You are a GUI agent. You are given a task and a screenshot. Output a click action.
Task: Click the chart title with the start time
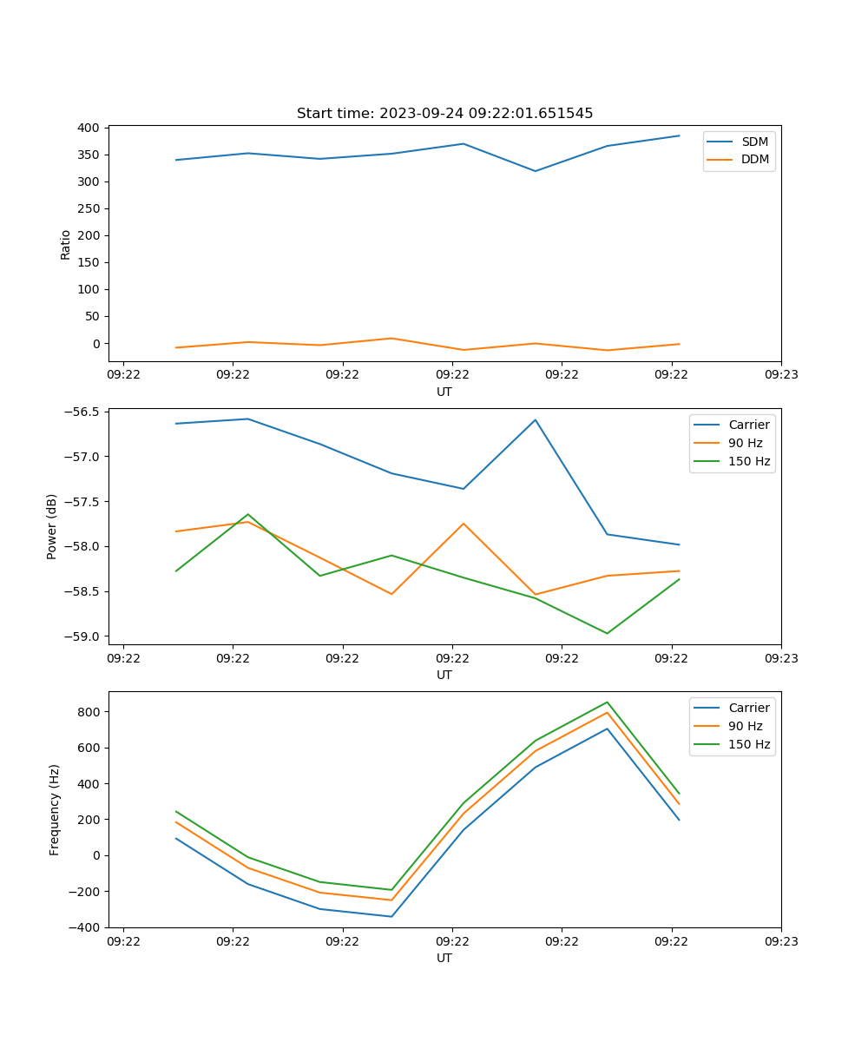point(444,114)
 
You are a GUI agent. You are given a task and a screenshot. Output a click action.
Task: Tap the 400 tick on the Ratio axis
point(88,128)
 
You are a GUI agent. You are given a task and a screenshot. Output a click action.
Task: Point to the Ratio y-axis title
point(66,244)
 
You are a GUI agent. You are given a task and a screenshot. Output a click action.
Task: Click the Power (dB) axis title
point(53,526)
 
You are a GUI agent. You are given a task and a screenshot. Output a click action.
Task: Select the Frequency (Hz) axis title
point(55,809)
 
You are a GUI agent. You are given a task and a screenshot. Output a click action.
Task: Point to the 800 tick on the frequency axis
point(89,712)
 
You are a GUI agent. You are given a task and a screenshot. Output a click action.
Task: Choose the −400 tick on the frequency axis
point(84,927)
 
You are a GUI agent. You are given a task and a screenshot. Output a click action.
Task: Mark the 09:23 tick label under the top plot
point(781,375)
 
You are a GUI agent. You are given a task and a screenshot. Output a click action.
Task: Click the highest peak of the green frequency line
point(607,702)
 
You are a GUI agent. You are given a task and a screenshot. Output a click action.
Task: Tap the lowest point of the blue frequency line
point(391,916)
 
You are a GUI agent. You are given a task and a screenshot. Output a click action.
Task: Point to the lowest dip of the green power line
point(607,633)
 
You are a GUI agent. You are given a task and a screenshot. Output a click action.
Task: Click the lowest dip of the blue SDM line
point(535,171)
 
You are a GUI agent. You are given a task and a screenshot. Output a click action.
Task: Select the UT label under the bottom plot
point(444,958)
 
